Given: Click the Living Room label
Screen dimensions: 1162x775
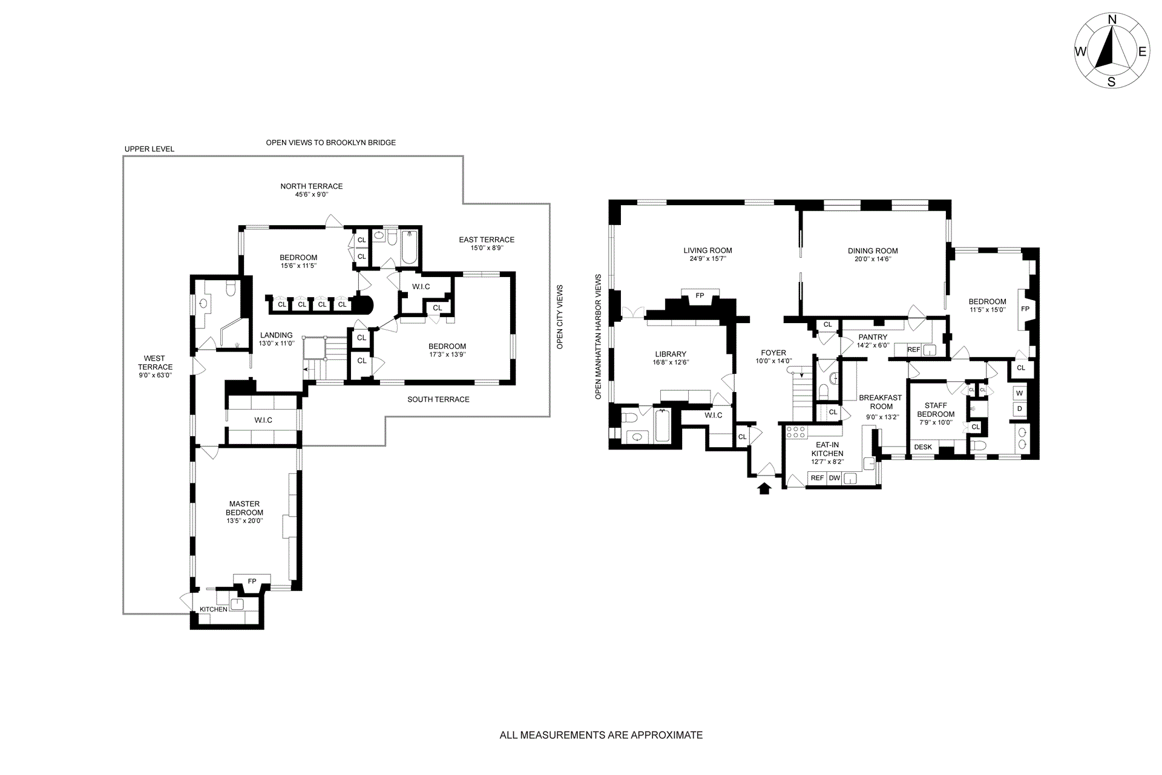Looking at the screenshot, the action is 707,250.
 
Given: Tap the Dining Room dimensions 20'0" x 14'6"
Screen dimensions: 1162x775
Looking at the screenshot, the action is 872,259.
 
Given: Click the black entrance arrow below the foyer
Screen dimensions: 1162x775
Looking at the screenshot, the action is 764,488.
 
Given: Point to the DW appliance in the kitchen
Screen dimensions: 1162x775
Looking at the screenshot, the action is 835,478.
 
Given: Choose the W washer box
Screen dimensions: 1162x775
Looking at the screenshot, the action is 1020,393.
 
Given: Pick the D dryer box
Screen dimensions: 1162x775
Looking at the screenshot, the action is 1020,409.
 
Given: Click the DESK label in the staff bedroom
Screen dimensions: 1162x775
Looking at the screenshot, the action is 924,447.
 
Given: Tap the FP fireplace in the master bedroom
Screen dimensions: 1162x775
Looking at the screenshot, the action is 252,581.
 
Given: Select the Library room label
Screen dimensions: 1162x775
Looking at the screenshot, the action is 671,355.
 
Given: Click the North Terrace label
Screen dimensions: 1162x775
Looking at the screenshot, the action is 312,186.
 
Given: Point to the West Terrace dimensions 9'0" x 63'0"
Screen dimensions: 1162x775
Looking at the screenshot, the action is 156,375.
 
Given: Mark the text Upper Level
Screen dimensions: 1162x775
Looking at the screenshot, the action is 149,149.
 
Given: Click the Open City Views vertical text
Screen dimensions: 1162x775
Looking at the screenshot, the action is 560,317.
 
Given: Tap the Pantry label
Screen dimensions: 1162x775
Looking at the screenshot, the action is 872,337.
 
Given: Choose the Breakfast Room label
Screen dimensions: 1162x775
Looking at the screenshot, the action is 881,402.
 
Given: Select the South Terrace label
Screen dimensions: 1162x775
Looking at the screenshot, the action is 438,399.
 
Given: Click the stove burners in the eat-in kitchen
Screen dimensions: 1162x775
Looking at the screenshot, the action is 795,432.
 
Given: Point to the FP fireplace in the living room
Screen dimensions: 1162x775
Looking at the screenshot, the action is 700,295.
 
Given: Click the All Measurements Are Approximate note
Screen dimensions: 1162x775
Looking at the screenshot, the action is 601,736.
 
